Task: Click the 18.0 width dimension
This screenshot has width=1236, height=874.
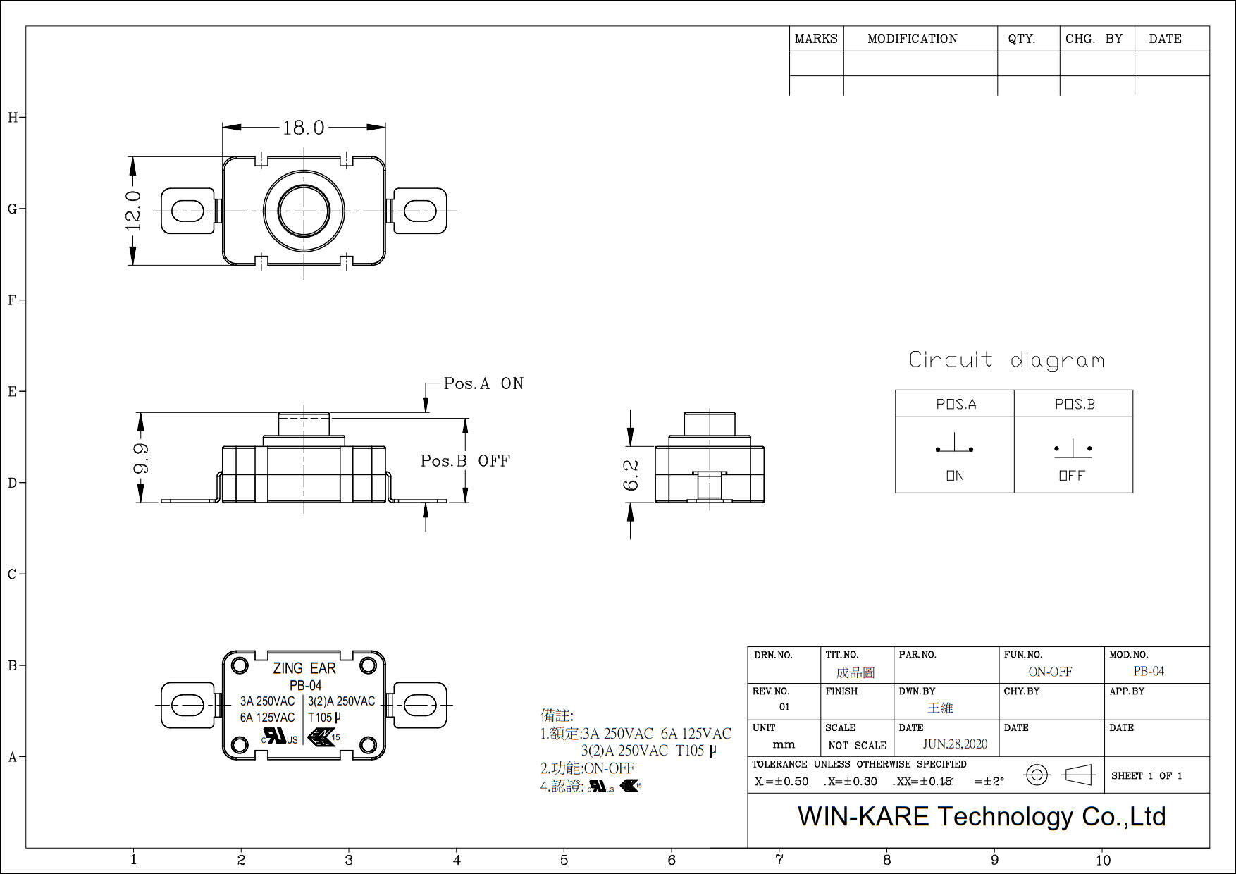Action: tap(304, 128)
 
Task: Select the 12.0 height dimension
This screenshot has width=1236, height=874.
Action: tap(134, 211)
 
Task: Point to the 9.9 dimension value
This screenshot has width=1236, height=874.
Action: tap(141, 458)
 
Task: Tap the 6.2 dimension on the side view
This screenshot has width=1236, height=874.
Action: tap(631, 475)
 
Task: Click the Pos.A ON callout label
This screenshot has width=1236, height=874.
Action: tap(483, 383)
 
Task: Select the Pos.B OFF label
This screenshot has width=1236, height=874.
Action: tap(465, 461)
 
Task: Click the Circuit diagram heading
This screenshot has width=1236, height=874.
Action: tap(1006, 360)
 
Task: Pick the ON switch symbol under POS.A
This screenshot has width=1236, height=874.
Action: tap(954, 447)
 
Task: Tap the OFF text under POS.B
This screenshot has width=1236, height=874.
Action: tap(1072, 476)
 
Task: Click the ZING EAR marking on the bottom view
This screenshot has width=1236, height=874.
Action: tap(304, 668)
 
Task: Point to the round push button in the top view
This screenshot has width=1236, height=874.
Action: tap(304, 210)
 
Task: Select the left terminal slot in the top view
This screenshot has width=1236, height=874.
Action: tap(187, 210)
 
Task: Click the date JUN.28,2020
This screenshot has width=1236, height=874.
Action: tap(955, 744)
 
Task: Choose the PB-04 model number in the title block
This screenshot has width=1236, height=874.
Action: tap(1149, 671)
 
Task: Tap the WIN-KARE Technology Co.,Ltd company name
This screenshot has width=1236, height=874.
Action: tap(981, 816)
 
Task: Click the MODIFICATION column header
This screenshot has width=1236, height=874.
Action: tap(913, 39)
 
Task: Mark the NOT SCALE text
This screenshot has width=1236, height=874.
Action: tap(858, 746)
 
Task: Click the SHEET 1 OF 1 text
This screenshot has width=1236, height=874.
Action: tap(1147, 775)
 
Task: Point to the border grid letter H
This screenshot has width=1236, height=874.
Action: tap(13, 118)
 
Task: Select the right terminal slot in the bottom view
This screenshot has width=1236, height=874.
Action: tap(419, 704)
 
